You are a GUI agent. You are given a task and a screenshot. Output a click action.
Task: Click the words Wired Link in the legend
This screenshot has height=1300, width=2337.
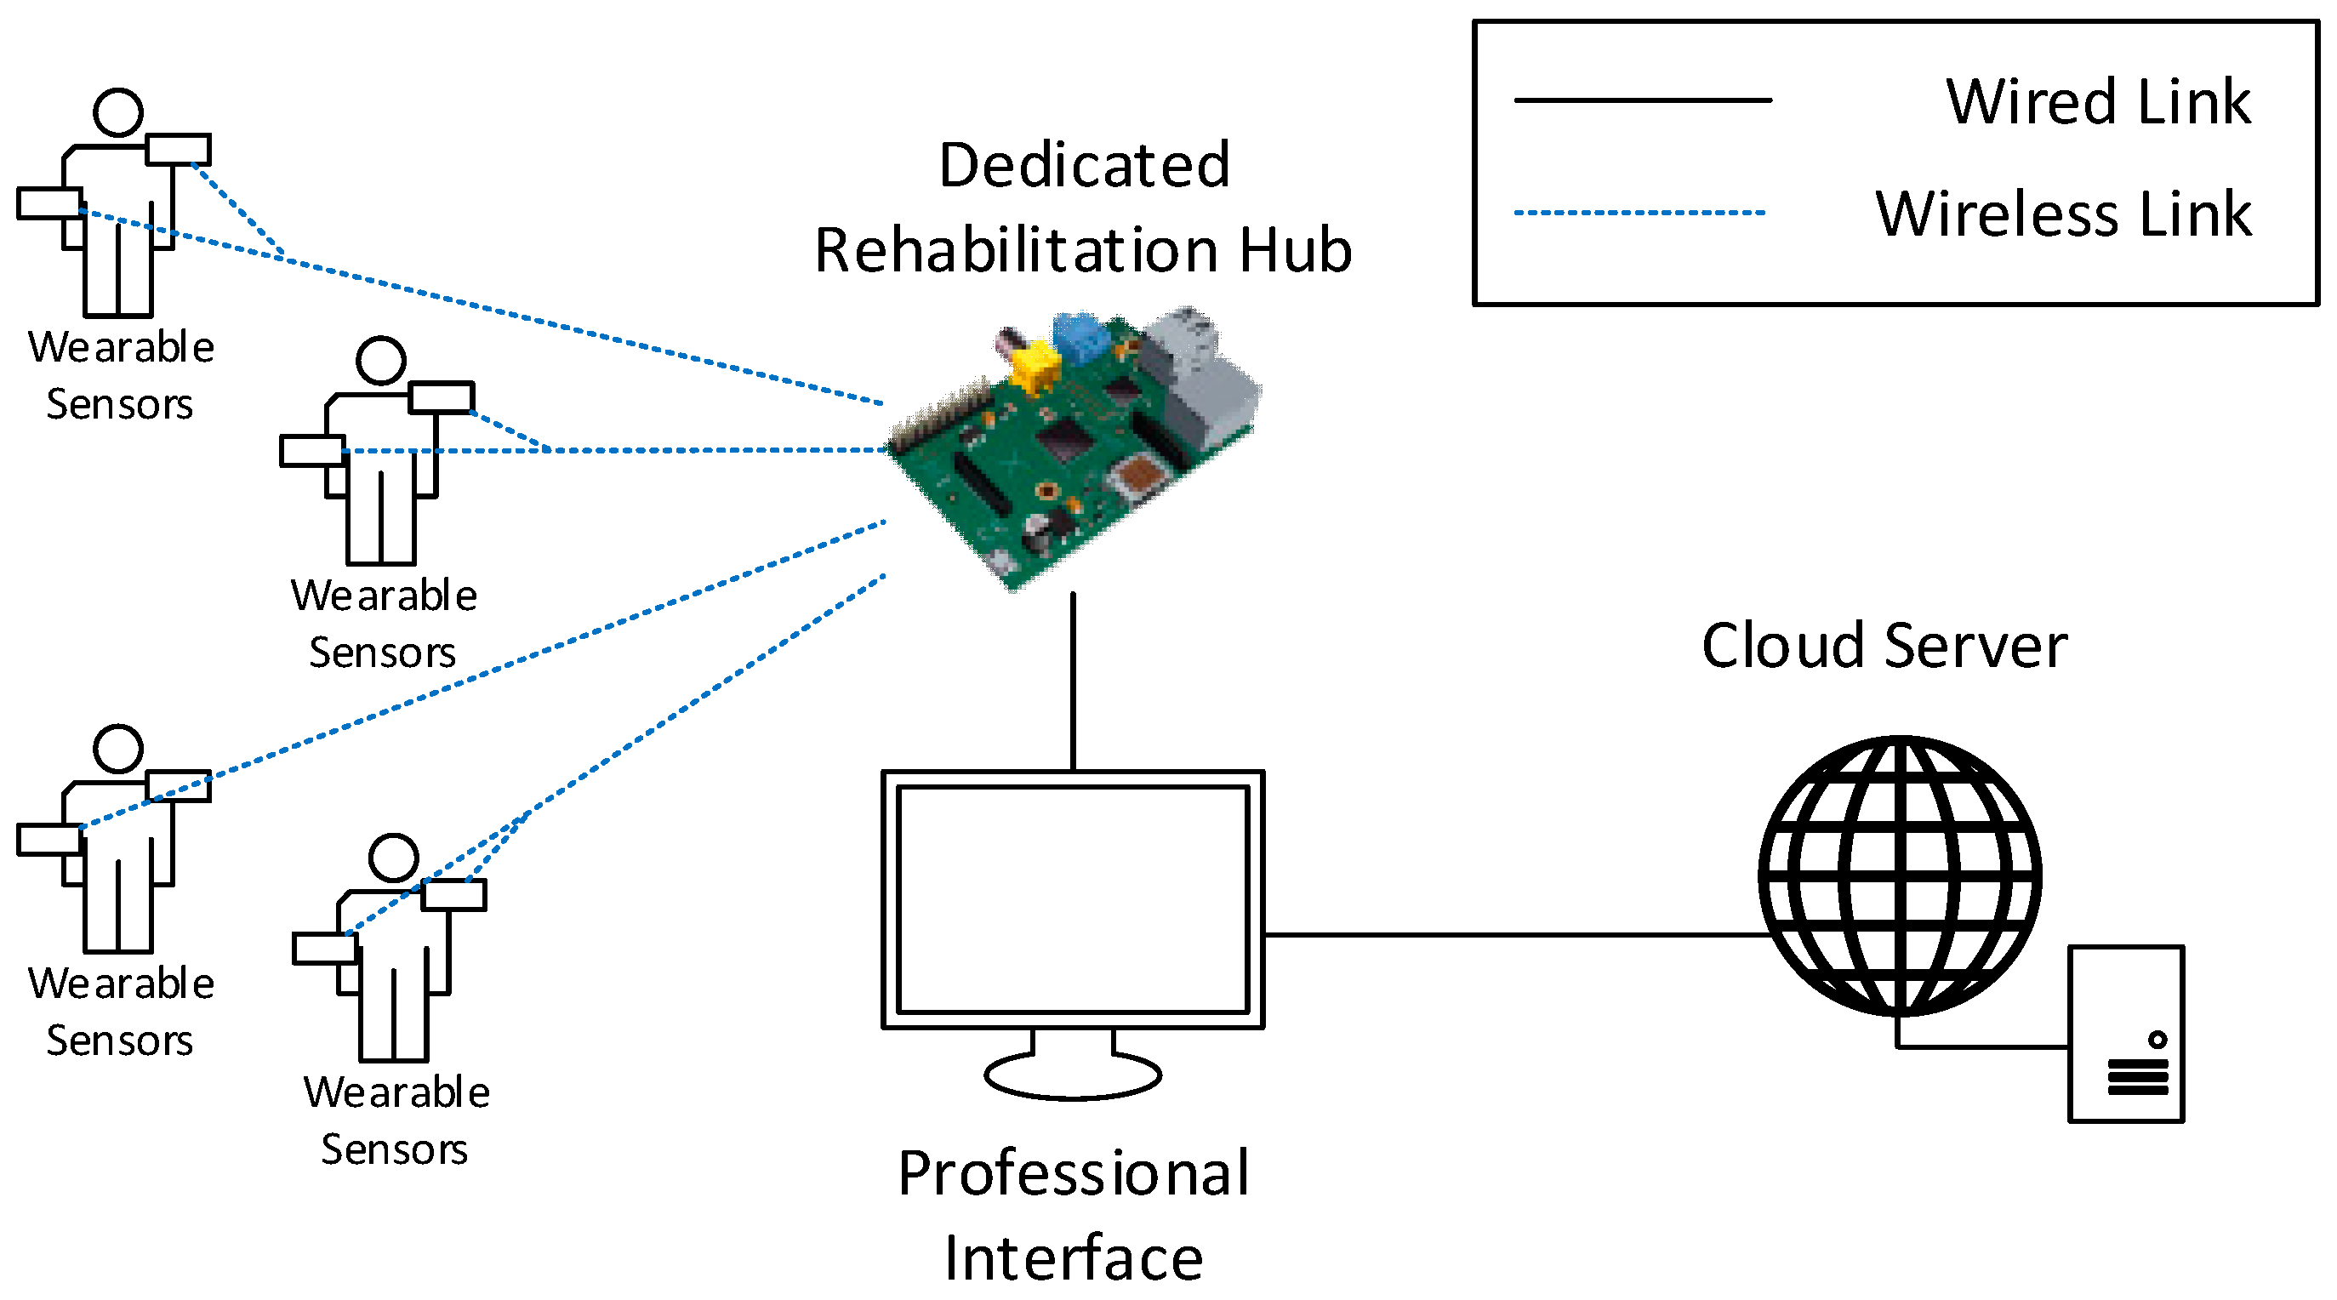coord(2097,101)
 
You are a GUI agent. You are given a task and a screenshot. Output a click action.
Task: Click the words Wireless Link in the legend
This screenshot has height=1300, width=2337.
coord(2063,215)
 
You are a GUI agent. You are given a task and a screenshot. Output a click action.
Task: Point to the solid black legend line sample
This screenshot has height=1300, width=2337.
coord(1642,100)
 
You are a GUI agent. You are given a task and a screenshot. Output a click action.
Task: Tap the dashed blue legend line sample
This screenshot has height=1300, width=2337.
coord(1639,214)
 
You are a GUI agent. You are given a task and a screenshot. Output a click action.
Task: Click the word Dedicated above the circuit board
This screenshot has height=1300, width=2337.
coord(1084,166)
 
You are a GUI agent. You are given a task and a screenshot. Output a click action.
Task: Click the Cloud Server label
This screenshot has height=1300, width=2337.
coord(1884,646)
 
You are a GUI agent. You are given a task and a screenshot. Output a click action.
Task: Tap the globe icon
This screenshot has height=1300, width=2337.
coord(1900,875)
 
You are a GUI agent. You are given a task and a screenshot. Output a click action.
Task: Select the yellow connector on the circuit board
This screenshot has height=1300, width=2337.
coord(1035,368)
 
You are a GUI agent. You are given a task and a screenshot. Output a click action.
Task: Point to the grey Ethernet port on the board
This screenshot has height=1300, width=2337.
coord(1206,372)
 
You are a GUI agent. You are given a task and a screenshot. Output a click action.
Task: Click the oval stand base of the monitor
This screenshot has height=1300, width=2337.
coord(1072,1076)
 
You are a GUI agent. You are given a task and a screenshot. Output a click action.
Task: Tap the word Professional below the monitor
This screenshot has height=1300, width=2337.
coord(1074,1173)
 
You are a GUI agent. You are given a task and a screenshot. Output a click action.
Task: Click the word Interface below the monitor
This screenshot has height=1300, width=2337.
coord(1074,1258)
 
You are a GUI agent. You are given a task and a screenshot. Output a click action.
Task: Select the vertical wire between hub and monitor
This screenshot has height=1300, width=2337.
coord(1074,681)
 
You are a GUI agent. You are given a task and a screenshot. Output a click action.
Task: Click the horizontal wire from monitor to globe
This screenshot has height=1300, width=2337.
coord(1515,934)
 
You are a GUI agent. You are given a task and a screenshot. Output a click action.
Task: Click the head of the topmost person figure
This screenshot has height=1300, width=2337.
coord(118,112)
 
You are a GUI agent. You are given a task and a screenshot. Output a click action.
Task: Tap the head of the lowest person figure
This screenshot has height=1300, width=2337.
coord(394,858)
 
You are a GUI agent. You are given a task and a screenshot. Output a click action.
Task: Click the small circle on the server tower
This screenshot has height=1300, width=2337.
coord(2157,1040)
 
